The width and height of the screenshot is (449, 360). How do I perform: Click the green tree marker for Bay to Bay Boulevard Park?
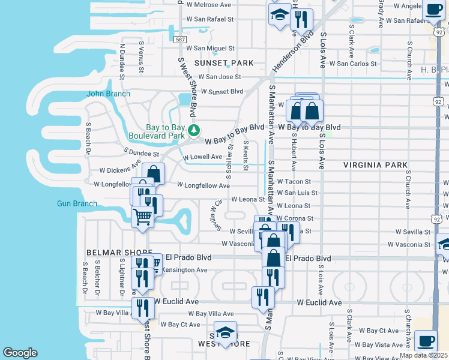(193, 130)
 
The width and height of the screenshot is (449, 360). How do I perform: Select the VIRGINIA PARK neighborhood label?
(375, 164)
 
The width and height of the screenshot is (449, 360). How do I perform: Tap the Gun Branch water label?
(77, 203)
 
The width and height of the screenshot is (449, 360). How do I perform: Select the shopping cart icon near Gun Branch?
(143, 216)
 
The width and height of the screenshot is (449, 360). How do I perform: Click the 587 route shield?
(180, 39)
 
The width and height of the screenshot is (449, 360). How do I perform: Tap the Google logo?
(20, 352)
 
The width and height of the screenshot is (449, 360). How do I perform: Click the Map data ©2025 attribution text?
(424, 355)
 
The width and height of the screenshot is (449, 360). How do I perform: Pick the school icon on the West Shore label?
(225, 332)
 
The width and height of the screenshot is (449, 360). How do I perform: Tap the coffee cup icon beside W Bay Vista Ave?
(426, 341)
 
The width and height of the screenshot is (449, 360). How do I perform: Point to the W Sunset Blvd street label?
(222, 91)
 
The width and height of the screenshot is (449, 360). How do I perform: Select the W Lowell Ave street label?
(203, 157)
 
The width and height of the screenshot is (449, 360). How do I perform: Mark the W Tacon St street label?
(294, 181)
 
